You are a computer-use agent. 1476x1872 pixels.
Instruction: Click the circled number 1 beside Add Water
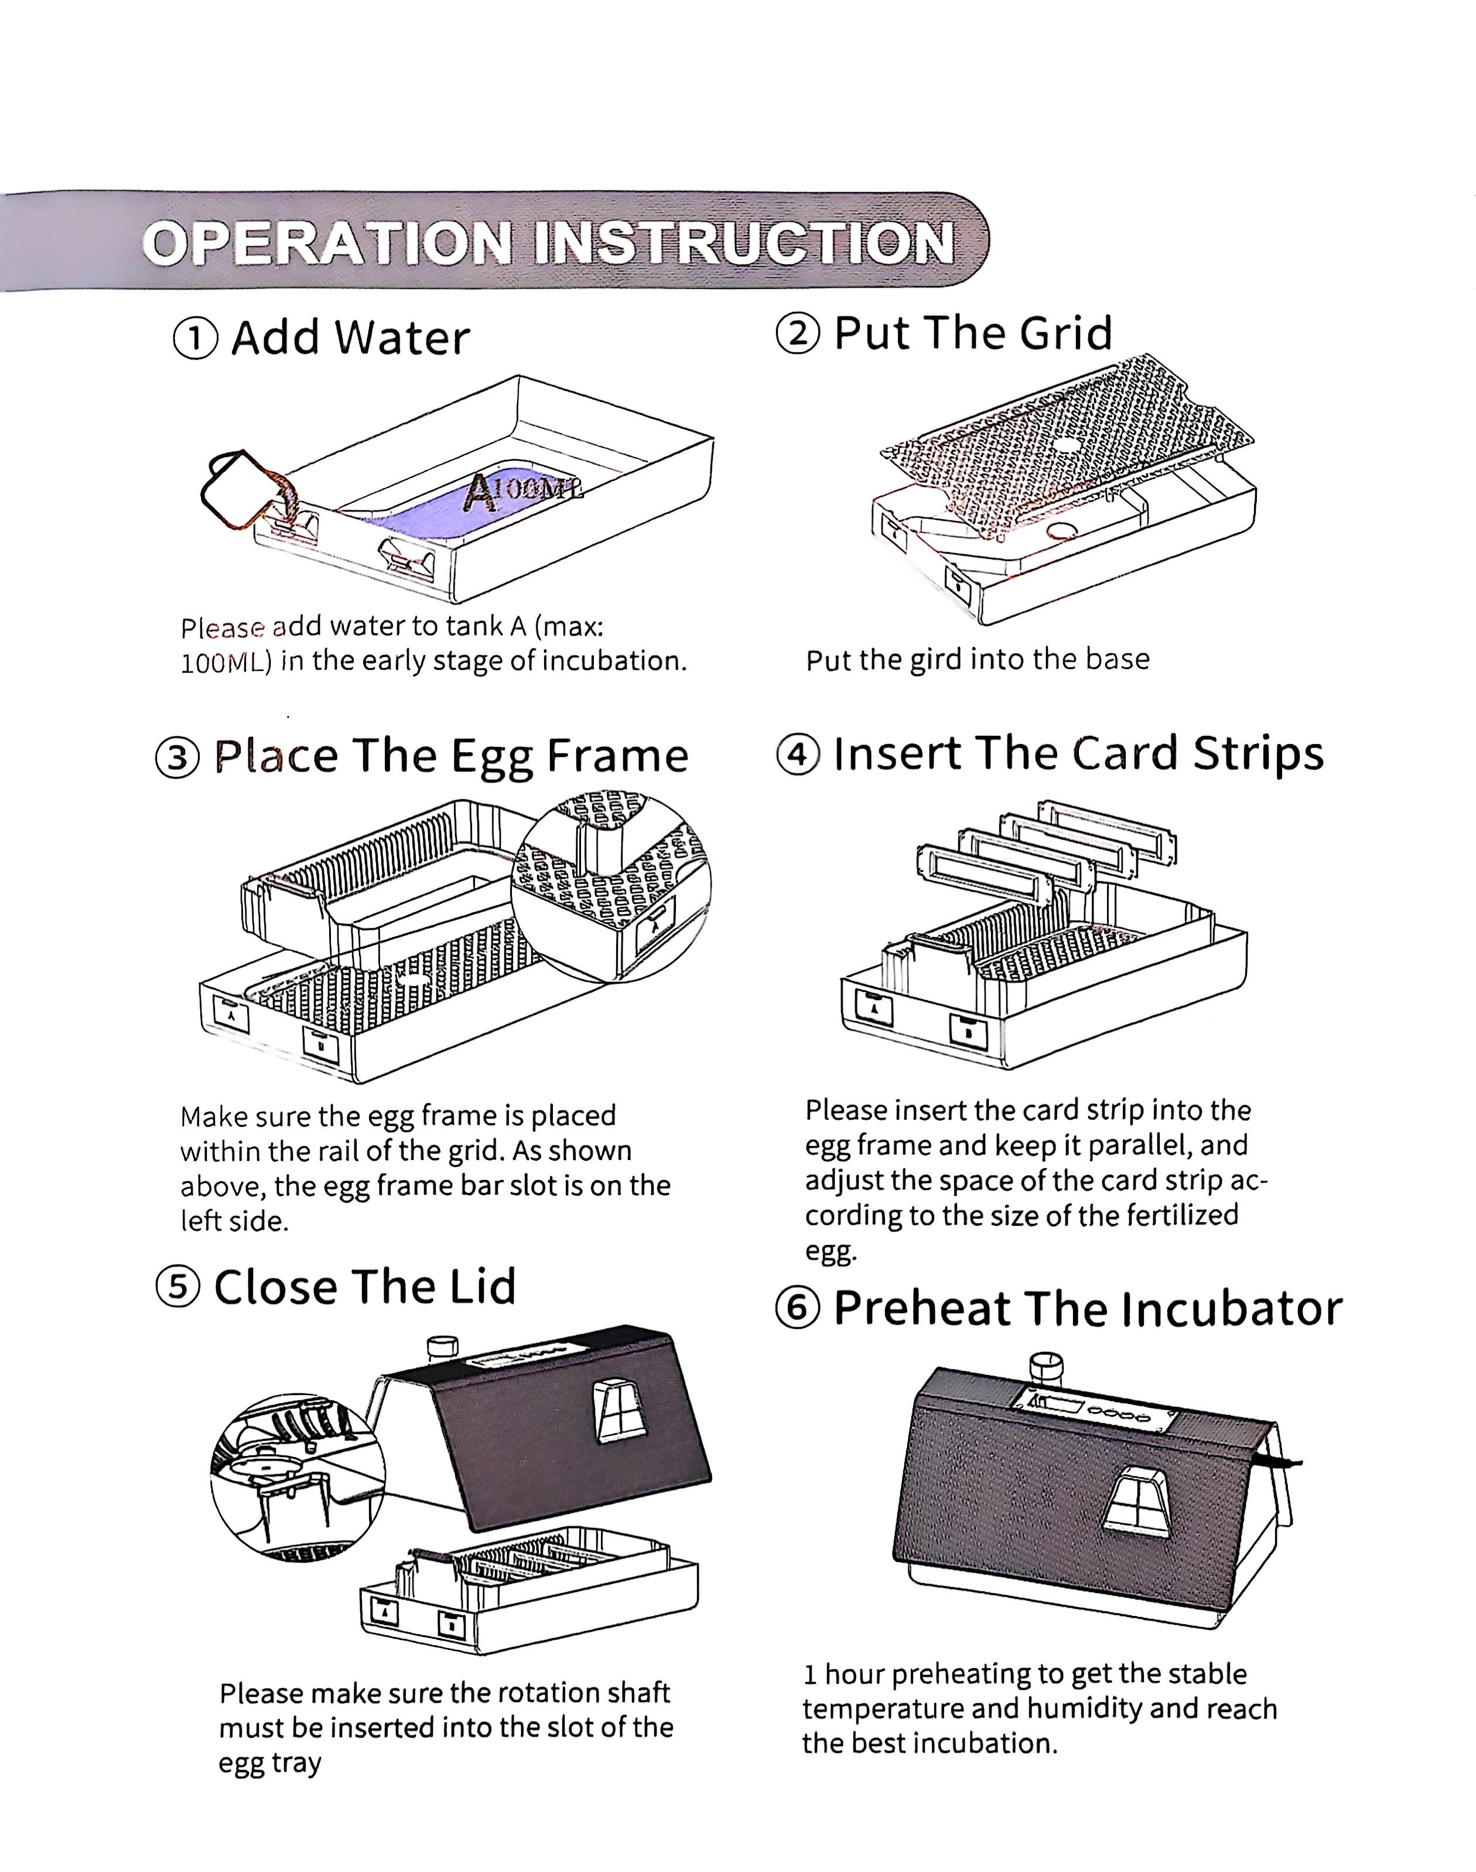tap(196, 339)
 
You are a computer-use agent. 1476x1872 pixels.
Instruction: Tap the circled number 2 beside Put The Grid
tap(798, 333)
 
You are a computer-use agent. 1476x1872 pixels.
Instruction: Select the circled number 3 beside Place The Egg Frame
tap(177, 758)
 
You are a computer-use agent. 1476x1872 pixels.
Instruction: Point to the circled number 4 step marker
tap(797, 755)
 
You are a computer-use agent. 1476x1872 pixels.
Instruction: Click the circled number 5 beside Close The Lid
tap(177, 1288)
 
